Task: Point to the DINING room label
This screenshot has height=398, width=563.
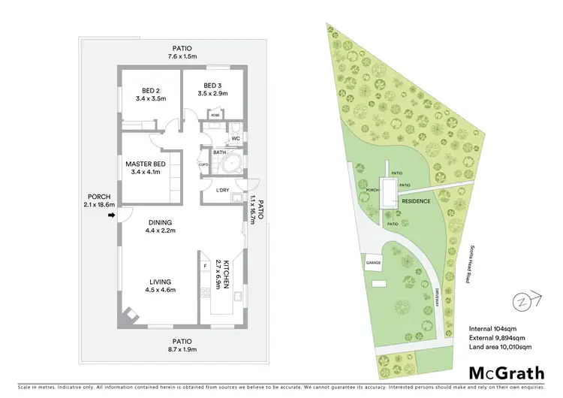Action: pos(160,222)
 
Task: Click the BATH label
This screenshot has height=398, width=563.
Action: pos(219,152)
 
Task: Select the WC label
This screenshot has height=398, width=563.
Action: pos(235,138)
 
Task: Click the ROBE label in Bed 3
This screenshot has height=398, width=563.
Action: pos(215,115)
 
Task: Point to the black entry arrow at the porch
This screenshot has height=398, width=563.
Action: pos(112,216)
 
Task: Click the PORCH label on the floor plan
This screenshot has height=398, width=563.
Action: pos(99,197)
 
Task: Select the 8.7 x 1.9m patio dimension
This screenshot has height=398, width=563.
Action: pos(183,348)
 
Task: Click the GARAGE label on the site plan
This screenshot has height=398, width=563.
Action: pos(374,263)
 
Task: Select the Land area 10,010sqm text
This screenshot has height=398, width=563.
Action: pos(501,346)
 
